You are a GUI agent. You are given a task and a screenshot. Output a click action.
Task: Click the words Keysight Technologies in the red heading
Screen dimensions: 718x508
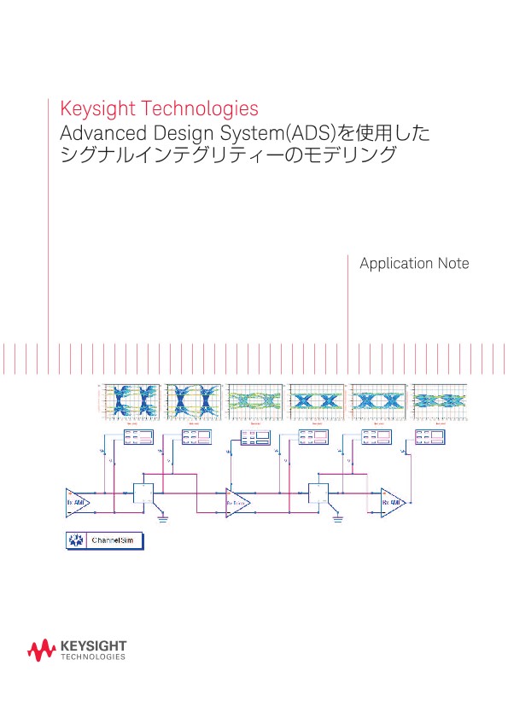(159, 109)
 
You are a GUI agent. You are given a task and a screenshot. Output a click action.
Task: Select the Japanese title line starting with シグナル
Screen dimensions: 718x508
(228, 155)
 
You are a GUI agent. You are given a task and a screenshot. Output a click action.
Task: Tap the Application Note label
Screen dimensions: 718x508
(414, 264)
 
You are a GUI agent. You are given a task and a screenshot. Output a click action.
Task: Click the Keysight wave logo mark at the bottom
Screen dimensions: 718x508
(42, 651)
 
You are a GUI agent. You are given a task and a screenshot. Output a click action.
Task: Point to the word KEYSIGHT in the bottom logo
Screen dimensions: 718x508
(94, 647)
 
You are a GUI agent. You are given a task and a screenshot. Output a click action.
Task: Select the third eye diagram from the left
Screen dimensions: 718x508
(255, 400)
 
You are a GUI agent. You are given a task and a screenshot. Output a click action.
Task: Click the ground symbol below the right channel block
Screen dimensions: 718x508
(339, 517)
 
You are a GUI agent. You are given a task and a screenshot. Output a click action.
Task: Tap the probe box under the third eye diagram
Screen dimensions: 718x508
(254, 438)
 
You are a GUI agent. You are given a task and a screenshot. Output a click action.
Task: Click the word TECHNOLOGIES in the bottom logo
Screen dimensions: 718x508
(94, 657)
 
